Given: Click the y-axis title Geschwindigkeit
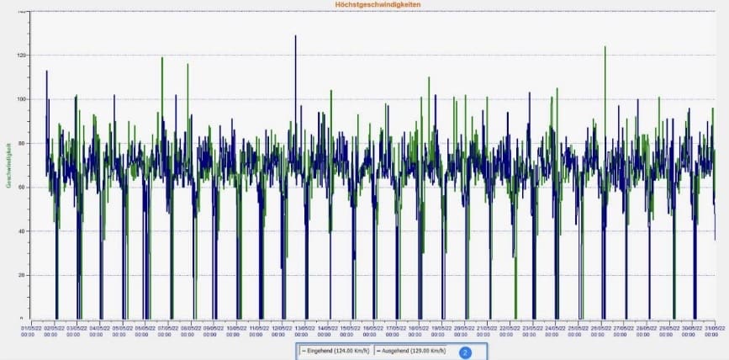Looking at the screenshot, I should (8, 165).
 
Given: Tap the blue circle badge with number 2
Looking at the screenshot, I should (464, 352).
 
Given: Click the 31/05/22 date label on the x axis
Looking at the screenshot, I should (716, 331).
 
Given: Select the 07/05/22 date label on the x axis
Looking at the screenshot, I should (165, 331).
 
